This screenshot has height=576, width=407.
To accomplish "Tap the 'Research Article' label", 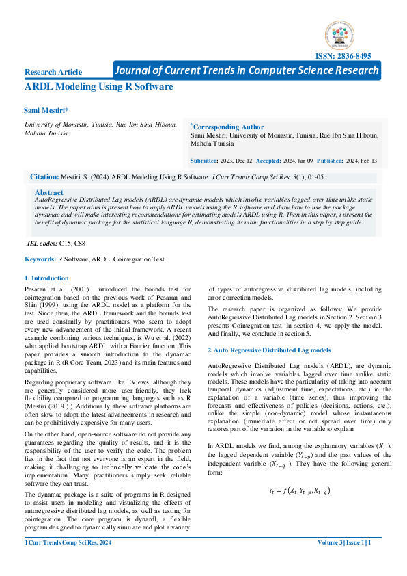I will [x=53, y=72].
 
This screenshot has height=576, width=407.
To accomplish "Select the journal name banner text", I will [x=247, y=70].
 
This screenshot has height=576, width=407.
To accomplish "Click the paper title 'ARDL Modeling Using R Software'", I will [x=98, y=87].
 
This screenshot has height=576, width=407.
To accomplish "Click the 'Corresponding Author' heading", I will [x=227, y=127].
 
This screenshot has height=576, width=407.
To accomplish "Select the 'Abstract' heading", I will [x=48, y=193].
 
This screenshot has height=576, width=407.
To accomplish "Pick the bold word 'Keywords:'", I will [x=40, y=259].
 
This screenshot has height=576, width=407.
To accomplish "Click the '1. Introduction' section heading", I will [x=46, y=278].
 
